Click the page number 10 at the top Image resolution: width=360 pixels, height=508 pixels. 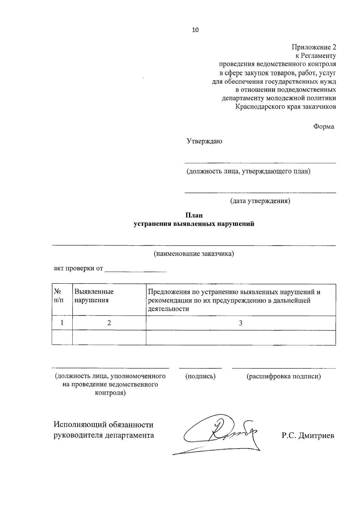195,30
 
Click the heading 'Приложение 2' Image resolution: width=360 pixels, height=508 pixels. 314,47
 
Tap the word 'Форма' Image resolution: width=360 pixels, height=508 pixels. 324,127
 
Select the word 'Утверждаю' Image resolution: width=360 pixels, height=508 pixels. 204,141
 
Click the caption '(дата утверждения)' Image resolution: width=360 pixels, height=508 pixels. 260,201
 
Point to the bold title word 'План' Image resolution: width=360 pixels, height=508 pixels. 194,215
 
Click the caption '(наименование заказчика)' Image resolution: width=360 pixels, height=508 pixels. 194,254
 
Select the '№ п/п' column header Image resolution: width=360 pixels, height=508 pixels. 59,296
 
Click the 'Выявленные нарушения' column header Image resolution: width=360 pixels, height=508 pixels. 94,296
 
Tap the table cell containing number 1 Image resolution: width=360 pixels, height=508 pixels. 62,323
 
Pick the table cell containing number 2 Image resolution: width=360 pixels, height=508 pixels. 109,323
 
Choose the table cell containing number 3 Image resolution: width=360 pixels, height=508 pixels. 241,323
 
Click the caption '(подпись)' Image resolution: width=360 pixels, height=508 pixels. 200,376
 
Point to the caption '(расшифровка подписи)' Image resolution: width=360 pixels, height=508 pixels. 283,376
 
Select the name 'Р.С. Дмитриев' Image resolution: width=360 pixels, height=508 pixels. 307,436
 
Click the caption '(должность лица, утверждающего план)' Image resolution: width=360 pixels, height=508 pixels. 248,172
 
